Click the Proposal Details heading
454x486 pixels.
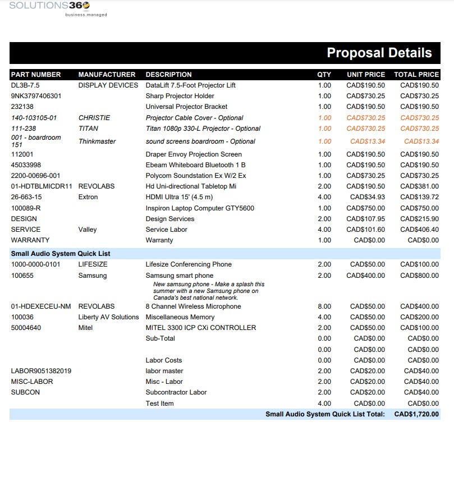tap(379, 53)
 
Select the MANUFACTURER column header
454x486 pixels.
tap(107, 75)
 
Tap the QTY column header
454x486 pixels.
tap(324, 75)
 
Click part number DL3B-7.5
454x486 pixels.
tap(25, 85)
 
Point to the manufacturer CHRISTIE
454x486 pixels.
tap(94, 118)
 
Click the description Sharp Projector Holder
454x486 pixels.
tap(180, 96)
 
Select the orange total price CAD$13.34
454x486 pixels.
tap(421, 141)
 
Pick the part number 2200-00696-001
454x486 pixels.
tap(35, 176)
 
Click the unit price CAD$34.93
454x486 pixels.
tap(368, 197)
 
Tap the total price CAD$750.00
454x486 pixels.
tap(419, 208)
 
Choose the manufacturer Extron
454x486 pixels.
tap(88, 197)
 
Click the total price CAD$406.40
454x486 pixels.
tap(419, 230)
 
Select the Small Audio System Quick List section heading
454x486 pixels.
tap(61, 254)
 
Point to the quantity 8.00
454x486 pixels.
tap(324, 306)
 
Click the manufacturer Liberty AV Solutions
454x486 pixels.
tap(108, 317)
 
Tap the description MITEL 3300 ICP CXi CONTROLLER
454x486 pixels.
tap(201, 328)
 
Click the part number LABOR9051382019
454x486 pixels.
tap(41, 371)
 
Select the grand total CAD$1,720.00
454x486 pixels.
tap(416, 414)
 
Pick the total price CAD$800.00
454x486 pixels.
tap(419, 276)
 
